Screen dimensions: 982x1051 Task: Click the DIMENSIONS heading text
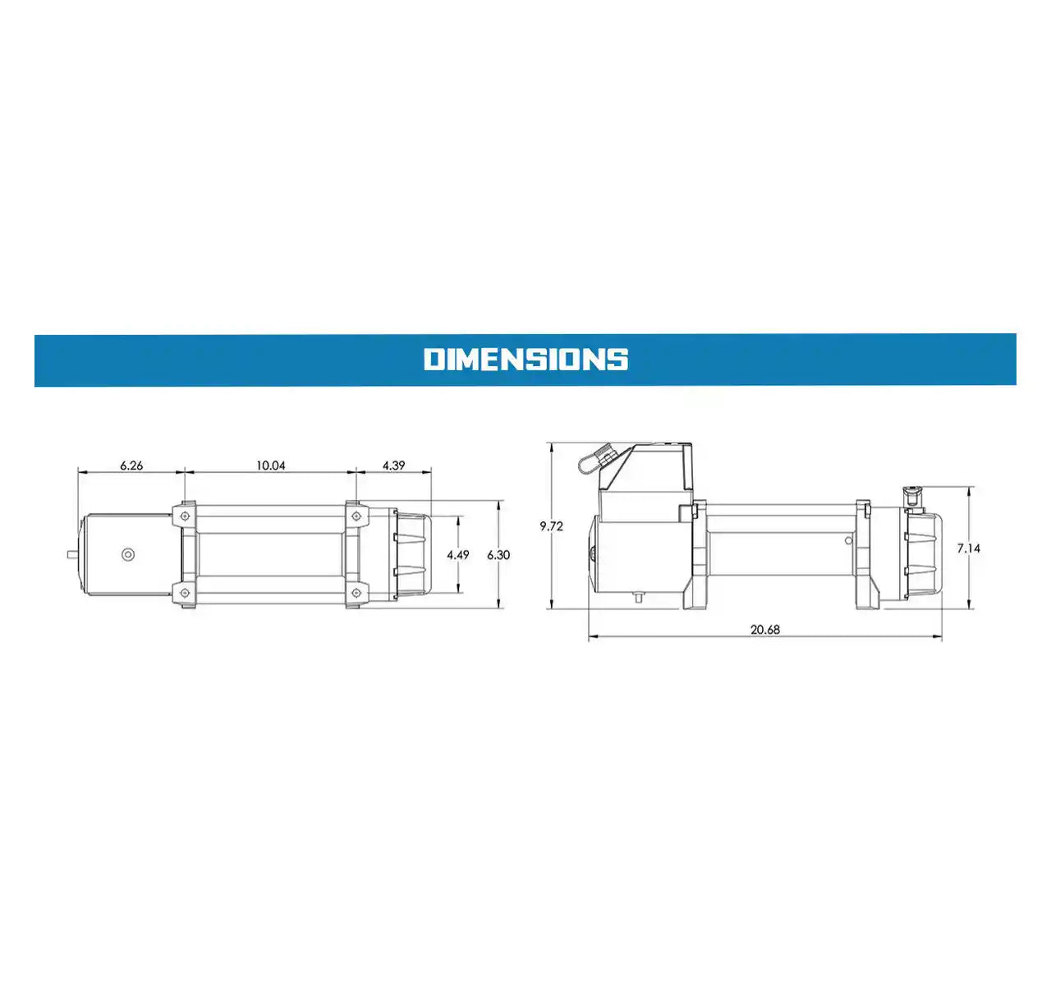[525, 360]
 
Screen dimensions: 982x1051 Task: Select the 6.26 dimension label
[131, 466]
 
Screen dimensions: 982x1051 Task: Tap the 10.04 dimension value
[270, 466]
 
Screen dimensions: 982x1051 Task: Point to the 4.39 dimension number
[393, 466]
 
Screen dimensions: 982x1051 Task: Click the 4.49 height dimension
[458, 555]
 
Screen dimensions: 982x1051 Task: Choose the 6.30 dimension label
[498, 555]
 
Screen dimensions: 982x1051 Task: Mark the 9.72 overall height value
[551, 526]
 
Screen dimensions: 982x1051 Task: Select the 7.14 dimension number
[968, 548]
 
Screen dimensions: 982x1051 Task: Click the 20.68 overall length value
[764, 630]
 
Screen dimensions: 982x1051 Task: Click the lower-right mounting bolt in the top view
[355, 592]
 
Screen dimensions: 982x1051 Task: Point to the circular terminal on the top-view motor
[127, 554]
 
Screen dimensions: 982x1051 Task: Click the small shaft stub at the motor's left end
[72, 554]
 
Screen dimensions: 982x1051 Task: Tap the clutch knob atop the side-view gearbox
[911, 496]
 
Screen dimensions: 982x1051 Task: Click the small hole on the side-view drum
[849, 540]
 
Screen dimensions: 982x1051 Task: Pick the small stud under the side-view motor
[637, 597]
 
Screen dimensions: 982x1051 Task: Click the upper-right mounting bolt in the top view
[355, 516]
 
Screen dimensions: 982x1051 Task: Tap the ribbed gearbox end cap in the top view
[413, 555]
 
